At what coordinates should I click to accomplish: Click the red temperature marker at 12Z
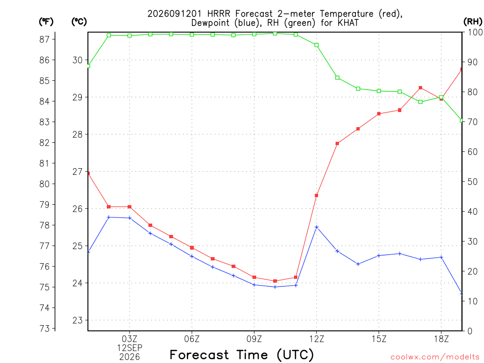[x=316, y=195]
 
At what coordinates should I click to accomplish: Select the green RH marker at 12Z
[x=316, y=45]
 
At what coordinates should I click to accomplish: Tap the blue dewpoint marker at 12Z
[x=316, y=227]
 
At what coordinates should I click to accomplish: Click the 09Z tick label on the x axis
[x=254, y=339]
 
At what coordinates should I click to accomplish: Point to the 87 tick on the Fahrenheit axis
[x=44, y=39]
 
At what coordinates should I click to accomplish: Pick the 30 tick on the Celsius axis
[x=78, y=60]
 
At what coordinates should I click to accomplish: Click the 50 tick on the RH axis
[x=472, y=181]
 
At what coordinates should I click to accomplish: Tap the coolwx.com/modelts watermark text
[x=435, y=357]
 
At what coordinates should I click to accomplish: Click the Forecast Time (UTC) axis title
[x=242, y=354]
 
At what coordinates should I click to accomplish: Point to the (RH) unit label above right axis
[x=473, y=22]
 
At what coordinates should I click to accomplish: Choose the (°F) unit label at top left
[x=46, y=22]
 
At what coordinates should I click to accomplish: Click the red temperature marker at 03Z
[x=130, y=207]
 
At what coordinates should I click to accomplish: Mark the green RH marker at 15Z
[x=379, y=91]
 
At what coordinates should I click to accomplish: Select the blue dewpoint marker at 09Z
[x=254, y=285]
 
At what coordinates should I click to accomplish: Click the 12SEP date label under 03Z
[x=130, y=348]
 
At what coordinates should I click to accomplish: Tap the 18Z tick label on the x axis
[x=441, y=339]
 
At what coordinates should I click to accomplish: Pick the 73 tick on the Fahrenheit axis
[x=44, y=328]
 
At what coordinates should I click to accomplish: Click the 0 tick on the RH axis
[x=470, y=331]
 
